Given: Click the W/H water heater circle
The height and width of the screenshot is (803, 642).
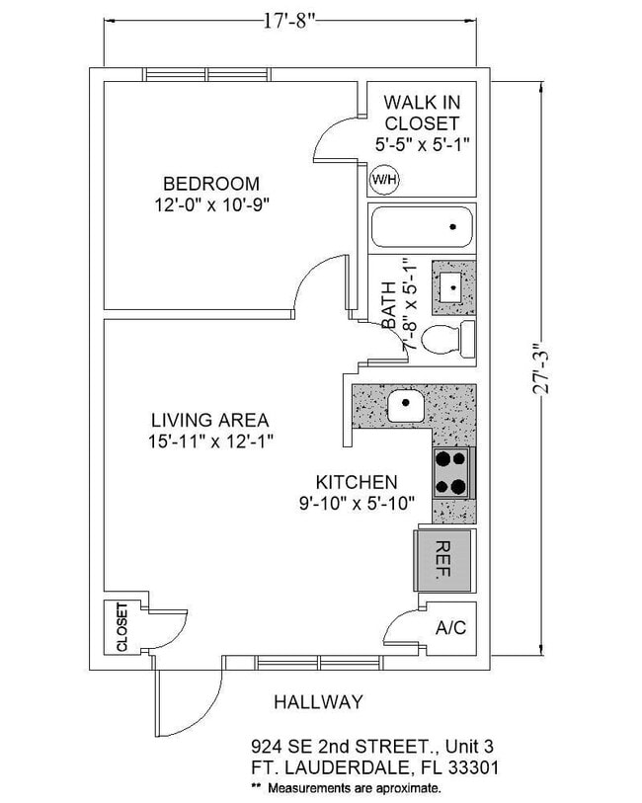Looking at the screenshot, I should [382, 181].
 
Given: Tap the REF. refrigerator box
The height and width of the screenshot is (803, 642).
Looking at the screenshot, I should [442, 560].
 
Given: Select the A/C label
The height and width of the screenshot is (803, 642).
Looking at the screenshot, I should [450, 628].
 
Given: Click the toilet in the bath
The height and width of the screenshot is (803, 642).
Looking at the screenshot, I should [447, 340].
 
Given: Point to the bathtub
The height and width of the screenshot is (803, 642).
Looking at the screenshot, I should [422, 228].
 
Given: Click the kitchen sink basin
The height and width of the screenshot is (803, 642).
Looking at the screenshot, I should [405, 405].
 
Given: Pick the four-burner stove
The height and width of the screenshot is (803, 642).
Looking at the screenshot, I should [453, 472].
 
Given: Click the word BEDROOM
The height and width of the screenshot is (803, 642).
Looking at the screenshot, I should [211, 184].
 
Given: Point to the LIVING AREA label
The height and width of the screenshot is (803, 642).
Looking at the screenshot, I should [210, 420].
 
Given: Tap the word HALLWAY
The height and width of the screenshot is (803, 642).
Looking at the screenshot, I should [318, 702].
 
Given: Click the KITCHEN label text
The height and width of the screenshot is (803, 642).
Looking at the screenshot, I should [357, 482].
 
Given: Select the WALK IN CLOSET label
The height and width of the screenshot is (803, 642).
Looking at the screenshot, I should [422, 113].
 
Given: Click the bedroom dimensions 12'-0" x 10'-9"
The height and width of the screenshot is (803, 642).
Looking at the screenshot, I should [211, 205].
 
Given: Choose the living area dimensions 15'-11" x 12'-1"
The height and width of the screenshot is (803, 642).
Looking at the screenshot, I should [210, 442].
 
